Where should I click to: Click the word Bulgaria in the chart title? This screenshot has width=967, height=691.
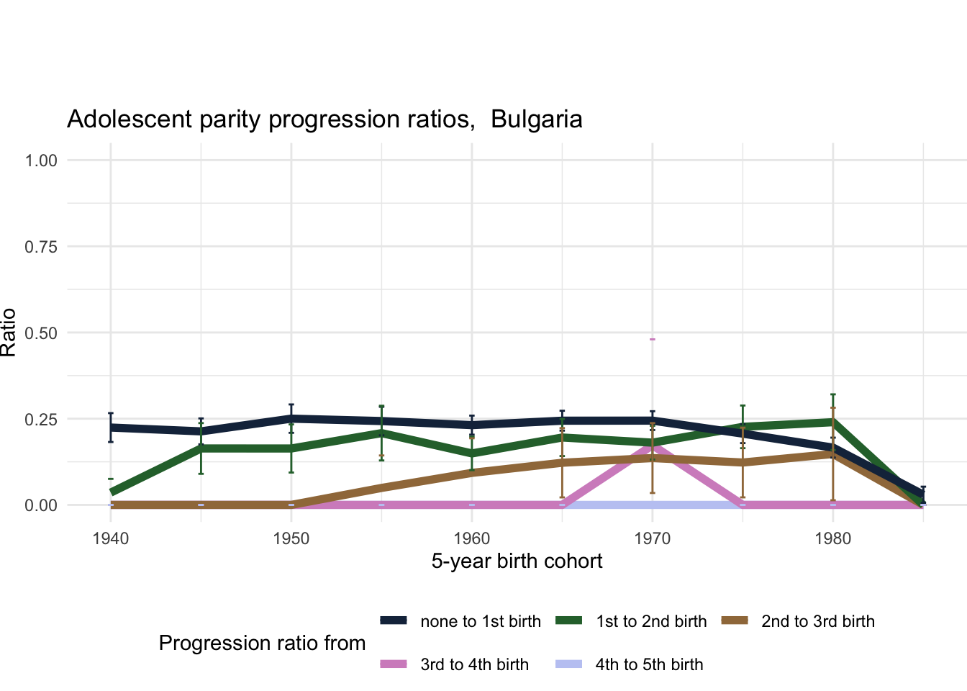tap(536, 119)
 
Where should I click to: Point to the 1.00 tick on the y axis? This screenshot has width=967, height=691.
tap(41, 161)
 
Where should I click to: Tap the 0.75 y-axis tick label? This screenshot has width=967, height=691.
tap(41, 247)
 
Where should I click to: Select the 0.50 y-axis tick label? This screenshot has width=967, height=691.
tap(41, 333)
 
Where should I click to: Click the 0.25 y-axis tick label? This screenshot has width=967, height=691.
tap(41, 420)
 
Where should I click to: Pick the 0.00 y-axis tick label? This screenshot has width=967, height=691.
tap(41, 505)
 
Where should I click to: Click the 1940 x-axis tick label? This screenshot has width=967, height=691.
tap(111, 538)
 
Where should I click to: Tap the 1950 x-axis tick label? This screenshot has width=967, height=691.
tap(291, 538)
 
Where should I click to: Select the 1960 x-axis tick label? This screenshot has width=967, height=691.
tap(472, 538)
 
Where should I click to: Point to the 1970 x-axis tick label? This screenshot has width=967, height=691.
tap(653, 538)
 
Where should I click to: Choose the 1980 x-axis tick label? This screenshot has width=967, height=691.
tap(833, 538)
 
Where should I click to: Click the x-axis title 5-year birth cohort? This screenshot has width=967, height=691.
tap(517, 561)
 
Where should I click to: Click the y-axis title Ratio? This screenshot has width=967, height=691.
tap(9, 333)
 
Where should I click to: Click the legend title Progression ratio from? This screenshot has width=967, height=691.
tap(262, 643)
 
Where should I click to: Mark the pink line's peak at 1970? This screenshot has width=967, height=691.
tap(653, 444)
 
